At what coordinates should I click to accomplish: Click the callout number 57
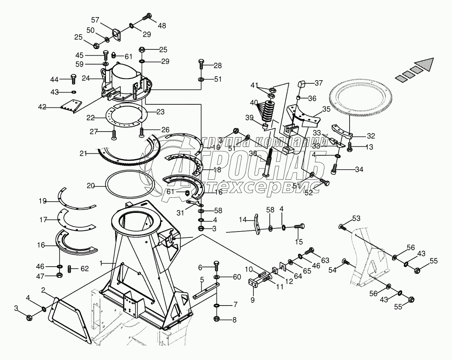coord(95,20)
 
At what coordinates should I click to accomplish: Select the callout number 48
coord(162,26)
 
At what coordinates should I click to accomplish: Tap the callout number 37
coord(318,83)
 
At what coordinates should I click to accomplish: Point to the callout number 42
coord(42,107)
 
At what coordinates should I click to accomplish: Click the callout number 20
coord(91,186)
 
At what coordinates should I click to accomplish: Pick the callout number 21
coord(83,154)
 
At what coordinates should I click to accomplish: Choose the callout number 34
coord(359,169)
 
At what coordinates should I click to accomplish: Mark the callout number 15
coord(299,242)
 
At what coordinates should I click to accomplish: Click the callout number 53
coord(356,218)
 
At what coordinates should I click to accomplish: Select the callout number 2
coord(43,290)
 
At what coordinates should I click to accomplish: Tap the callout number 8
coord(234,320)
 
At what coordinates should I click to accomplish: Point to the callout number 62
coord(84,269)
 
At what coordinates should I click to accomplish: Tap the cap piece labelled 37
coord(301,85)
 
